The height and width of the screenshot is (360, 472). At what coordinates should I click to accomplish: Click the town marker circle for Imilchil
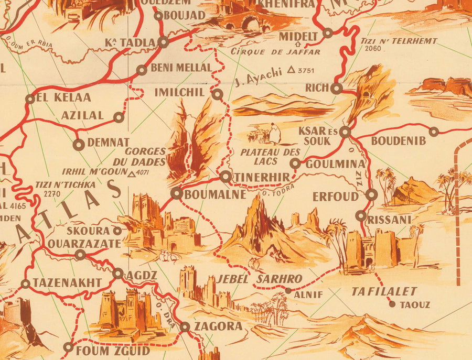[x=218, y=94]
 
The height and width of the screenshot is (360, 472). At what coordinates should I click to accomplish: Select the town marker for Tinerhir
[x=225, y=177]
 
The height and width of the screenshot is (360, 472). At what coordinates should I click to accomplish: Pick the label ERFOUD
[x=335, y=197]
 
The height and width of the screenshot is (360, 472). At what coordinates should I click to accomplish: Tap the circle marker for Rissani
[x=361, y=215]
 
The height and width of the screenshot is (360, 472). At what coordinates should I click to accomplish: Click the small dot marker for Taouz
[x=391, y=303]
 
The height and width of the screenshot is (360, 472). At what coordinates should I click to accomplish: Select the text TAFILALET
[x=384, y=291]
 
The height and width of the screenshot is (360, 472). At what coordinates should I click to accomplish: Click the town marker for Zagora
[x=185, y=327]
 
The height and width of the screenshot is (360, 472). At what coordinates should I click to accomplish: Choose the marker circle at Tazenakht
[x=25, y=283]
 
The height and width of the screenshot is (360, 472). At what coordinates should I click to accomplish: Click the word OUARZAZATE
[x=84, y=243]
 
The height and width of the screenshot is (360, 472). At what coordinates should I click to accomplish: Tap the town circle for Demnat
[x=79, y=143]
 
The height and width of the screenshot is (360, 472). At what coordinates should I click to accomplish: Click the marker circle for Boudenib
[x=434, y=132]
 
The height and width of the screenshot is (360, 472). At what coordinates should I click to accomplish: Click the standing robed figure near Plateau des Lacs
[x=275, y=133]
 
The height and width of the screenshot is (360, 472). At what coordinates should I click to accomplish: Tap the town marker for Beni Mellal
[x=142, y=70]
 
